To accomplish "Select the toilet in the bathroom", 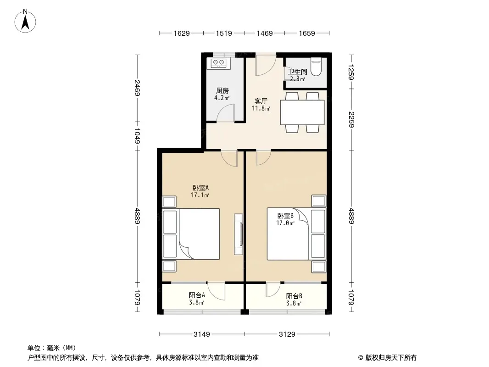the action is pyautogui.click(x=316, y=67).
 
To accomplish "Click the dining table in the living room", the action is pyautogui.click(x=302, y=112).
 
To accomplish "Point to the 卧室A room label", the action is pyautogui.click(x=200, y=188).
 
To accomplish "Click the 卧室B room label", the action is pyautogui.click(x=285, y=216).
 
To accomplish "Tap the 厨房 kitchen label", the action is pyautogui.click(x=222, y=90).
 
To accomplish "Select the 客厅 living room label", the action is pyautogui.click(x=261, y=101).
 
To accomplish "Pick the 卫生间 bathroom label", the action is pyautogui.click(x=297, y=72).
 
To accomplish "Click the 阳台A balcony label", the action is pyautogui.click(x=197, y=295).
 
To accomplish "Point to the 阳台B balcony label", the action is pyautogui.click(x=294, y=296).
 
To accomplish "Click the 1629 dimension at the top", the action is pyautogui.click(x=182, y=33).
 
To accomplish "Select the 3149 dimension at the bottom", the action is pyautogui.click(x=202, y=334).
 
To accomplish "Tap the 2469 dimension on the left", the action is pyautogui.click(x=138, y=88).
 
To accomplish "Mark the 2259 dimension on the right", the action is pyautogui.click(x=351, y=119).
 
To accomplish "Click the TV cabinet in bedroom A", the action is pyautogui.click(x=239, y=234).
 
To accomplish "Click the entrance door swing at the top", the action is pyautogui.click(x=266, y=66).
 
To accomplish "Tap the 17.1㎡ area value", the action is pyautogui.click(x=200, y=195).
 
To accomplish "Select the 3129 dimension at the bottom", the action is pyautogui.click(x=287, y=334).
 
